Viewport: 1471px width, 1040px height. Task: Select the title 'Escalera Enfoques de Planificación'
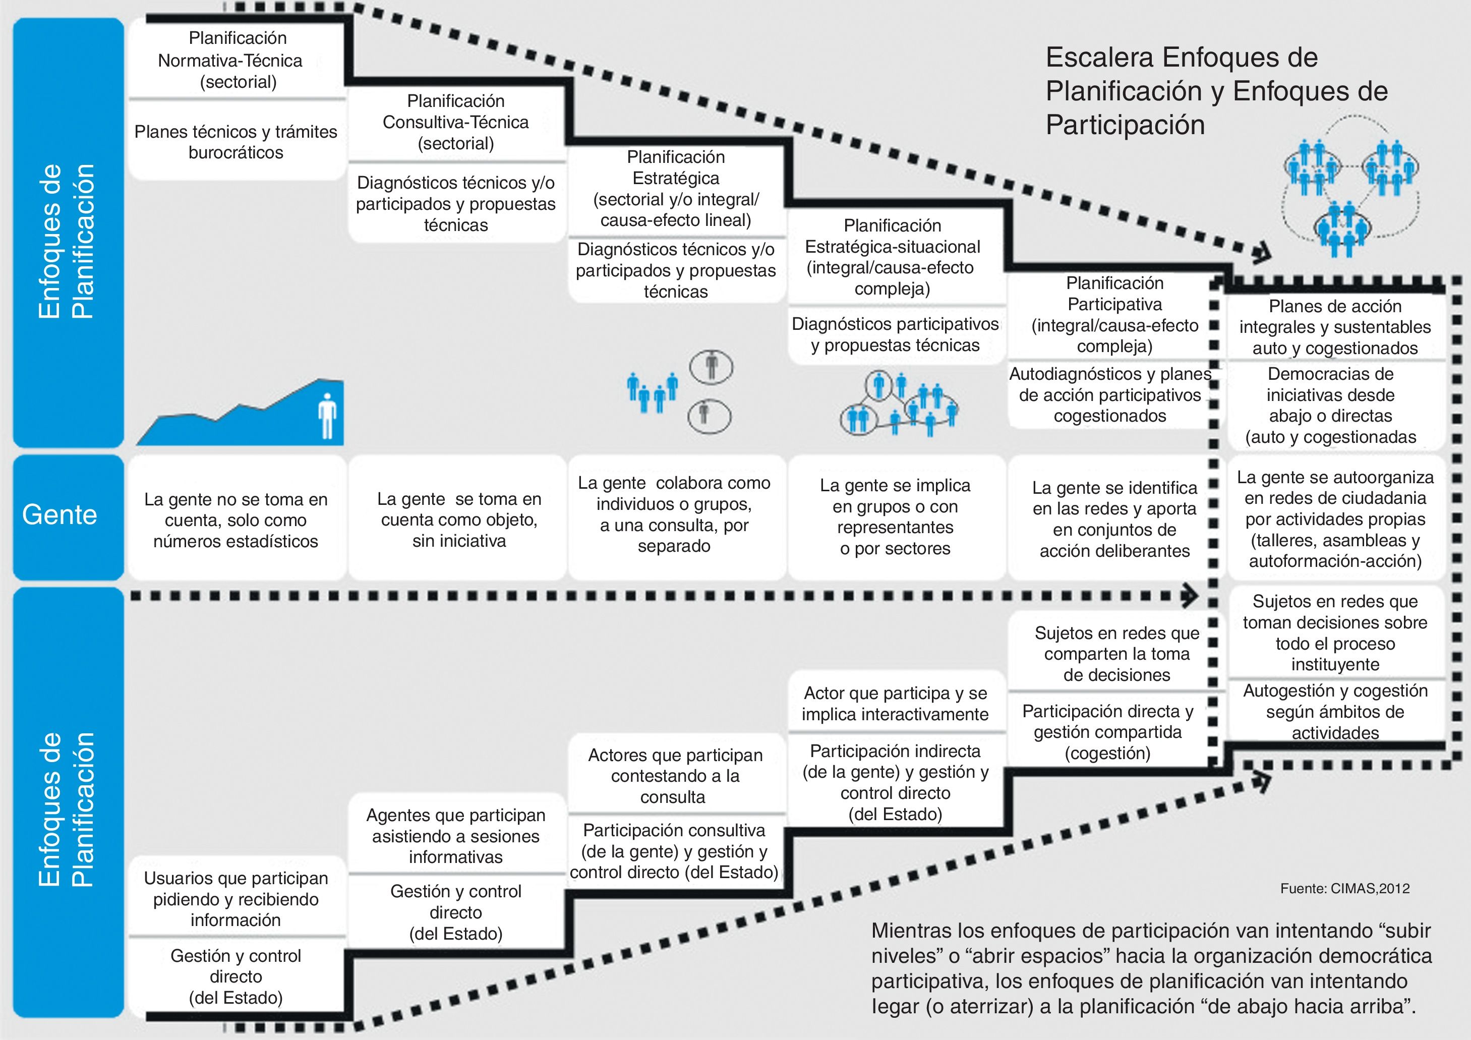tap(1216, 91)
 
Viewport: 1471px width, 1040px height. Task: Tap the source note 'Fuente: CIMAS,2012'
tap(1345, 889)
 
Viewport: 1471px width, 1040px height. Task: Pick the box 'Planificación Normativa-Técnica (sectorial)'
tap(237, 60)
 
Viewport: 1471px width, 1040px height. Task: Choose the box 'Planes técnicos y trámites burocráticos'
tap(236, 142)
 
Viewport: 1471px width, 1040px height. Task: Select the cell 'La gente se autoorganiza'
tap(1335, 519)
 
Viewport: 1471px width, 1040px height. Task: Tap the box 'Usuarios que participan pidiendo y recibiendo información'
tap(236, 899)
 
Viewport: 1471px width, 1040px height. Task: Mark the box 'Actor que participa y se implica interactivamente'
tap(895, 704)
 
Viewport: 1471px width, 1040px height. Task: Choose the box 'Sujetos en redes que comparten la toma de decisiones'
tap(1116, 654)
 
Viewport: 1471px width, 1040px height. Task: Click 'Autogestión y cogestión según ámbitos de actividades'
tap(1335, 711)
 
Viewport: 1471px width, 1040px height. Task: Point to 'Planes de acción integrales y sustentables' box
tap(1335, 327)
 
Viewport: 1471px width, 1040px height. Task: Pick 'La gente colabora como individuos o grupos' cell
tap(674, 514)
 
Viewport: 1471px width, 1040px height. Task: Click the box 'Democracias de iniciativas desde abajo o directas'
tap(1331, 405)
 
